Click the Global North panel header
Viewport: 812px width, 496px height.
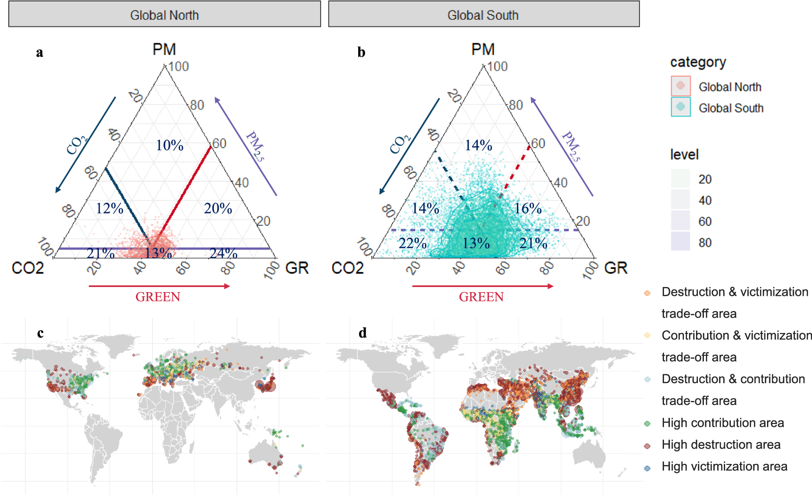[164, 14]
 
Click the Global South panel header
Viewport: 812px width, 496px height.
[483, 14]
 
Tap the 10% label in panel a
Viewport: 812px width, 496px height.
[169, 145]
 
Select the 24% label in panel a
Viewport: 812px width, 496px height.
[223, 253]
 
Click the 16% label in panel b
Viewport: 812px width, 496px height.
[528, 209]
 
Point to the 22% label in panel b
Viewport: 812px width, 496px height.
[412, 243]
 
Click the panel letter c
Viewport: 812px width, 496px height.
[40, 333]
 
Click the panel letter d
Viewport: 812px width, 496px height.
[362, 333]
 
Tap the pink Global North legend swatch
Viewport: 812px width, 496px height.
[680, 86]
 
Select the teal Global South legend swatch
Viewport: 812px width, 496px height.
[680, 107]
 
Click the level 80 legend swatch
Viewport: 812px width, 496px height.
[680, 242]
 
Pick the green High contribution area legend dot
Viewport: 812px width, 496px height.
[647, 424]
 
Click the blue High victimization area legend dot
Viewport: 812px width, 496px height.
[647, 468]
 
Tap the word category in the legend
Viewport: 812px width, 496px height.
[698, 62]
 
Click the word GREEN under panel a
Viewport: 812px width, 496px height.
[158, 297]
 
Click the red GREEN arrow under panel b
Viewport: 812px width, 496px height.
[483, 286]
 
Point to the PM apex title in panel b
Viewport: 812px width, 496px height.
[483, 49]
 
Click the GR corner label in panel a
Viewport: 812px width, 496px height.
[296, 268]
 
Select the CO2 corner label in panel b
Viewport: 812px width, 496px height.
[348, 268]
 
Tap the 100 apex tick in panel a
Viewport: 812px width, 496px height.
[178, 66]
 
